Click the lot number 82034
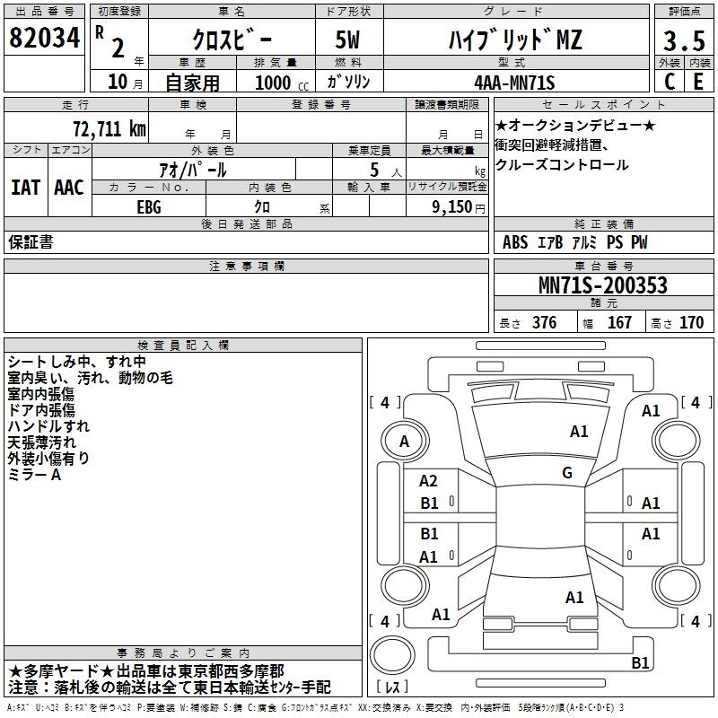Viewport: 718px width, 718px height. [44, 38]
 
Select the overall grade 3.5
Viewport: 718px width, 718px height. [684, 40]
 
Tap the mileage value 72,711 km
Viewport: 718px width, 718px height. [109, 129]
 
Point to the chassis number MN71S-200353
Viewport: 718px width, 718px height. [603, 285]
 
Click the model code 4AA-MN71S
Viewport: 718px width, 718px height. [514, 83]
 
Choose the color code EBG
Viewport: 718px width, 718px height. [149, 207]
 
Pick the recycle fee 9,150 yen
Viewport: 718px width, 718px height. [459, 207]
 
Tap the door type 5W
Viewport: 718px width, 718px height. [347, 39]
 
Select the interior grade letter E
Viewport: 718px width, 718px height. [698, 82]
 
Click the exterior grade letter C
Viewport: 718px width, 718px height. [669, 82]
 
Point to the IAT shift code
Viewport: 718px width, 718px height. [26, 188]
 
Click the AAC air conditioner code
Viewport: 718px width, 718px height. [69, 188]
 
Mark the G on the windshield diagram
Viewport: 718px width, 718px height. [567, 473]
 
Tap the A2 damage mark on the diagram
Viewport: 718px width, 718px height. [428, 481]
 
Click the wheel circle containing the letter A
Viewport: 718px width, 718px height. [405, 442]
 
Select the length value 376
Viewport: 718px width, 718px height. [544, 322]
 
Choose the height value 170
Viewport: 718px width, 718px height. [691, 322]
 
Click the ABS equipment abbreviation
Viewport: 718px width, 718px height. [515, 242]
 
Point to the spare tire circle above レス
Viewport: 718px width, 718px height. [392, 655]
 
